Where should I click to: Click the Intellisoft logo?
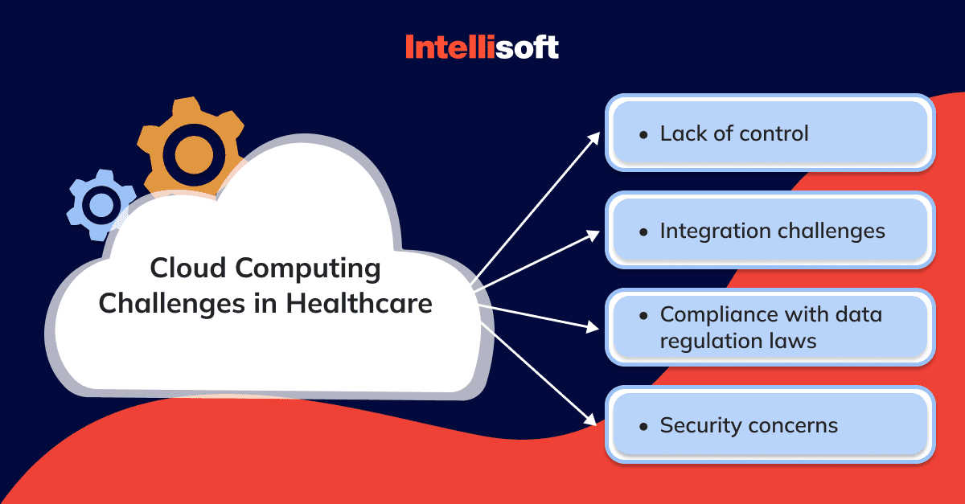click(x=482, y=47)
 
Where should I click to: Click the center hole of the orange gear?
click(x=194, y=155)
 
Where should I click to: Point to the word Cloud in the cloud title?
click(x=188, y=268)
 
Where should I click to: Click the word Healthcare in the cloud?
click(x=359, y=303)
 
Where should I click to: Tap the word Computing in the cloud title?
click(x=308, y=269)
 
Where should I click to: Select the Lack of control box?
click(x=770, y=133)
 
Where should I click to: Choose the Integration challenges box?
click(x=770, y=230)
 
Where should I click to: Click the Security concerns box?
click(x=770, y=424)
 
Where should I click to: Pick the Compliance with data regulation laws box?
click(x=770, y=327)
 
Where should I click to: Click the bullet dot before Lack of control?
click(x=643, y=135)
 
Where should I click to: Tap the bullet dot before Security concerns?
click(x=643, y=427)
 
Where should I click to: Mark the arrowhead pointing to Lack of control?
click(x=594, y=138)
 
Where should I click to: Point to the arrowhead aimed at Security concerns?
click(x=590, y=420)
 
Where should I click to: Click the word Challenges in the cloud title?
click(x=172, y=304)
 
